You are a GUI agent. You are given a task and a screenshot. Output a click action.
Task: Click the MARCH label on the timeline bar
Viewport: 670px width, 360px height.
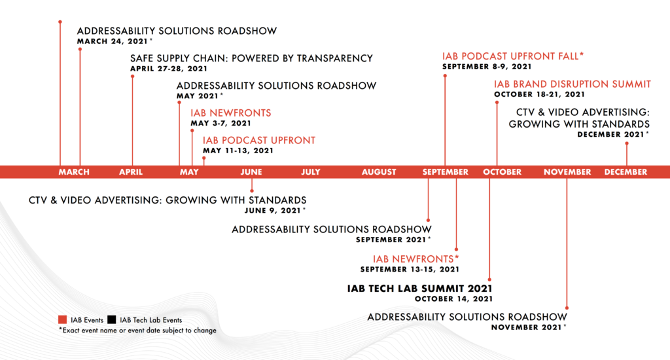tap(74, 172)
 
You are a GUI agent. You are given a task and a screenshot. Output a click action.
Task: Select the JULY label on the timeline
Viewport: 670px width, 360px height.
tap(311, 172)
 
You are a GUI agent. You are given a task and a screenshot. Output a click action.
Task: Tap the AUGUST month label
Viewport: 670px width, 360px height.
tap(379, 172)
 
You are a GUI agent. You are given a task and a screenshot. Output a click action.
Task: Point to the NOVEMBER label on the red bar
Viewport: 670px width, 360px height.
tap(567, 172)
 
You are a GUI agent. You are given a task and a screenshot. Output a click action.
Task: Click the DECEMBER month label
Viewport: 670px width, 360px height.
tap(626, 172)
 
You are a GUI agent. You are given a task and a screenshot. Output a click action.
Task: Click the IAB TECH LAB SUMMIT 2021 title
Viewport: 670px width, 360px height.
tap(419, 289)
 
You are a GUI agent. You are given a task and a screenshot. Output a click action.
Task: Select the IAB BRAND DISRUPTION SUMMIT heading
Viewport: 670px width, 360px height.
tap(573, 84)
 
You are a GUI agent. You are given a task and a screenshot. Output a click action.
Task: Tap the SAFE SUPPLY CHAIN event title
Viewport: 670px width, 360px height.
tap(252, 58)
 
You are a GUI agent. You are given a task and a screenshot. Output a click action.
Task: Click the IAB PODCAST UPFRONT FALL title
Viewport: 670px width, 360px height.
tap(513, 56)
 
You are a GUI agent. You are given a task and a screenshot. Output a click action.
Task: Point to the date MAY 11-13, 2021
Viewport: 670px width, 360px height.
tap(238, 151)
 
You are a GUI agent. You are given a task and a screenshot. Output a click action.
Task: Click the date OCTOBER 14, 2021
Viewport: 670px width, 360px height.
tap(454, 299)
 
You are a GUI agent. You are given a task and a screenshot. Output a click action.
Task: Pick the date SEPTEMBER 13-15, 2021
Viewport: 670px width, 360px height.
tap(410, 270)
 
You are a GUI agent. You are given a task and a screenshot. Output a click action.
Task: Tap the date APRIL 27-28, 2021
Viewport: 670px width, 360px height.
tap(169, 69)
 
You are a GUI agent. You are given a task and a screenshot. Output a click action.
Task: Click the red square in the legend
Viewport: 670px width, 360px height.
tap(62, 320)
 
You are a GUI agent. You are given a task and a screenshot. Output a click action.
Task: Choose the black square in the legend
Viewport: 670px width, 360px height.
tap(111, 320)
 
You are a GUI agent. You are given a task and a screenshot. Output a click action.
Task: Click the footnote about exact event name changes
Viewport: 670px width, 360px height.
tap(137, 331)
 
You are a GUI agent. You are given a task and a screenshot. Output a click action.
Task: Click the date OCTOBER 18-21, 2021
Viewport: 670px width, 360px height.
tap(539, 94)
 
